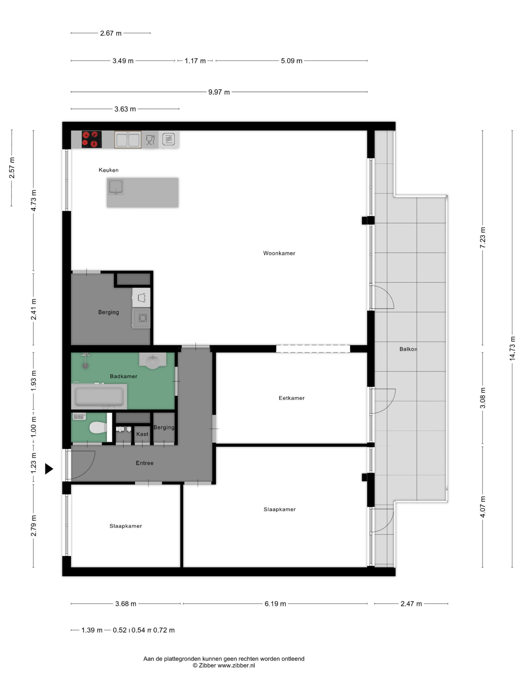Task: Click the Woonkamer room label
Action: coord(279,253)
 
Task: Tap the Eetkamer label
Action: coord(291,398)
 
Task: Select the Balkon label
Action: coord(408,349)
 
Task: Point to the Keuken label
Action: coord(108,170)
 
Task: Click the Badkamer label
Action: coord(124,376)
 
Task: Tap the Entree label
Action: coord(145,463)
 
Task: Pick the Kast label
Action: coord(142,434)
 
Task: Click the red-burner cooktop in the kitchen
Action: coord(92,139)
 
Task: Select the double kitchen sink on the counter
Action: coord(128,140)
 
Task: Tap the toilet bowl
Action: coord(98,428)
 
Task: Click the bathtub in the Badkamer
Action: coord(99,396)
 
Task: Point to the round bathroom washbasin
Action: coord(153,361)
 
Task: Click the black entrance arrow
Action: coord(49,469)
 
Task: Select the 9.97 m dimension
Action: coord(219,92)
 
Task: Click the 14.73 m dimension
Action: coord(512,348)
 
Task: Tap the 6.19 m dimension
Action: coord(275,603)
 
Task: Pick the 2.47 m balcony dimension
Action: coord(411,603)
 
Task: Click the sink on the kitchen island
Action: coord(116,187)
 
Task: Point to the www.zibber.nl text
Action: coord(236,665)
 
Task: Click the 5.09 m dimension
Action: coord(291,61)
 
